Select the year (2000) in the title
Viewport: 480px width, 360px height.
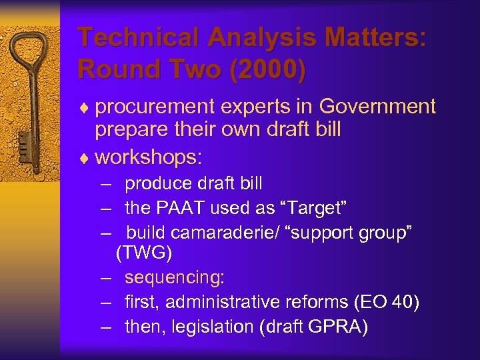click(264, 69)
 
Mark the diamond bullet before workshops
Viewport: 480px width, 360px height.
click(85, 158)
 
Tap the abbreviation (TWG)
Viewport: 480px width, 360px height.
click(144, 253)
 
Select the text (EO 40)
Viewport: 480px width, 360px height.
click(387, 302)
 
